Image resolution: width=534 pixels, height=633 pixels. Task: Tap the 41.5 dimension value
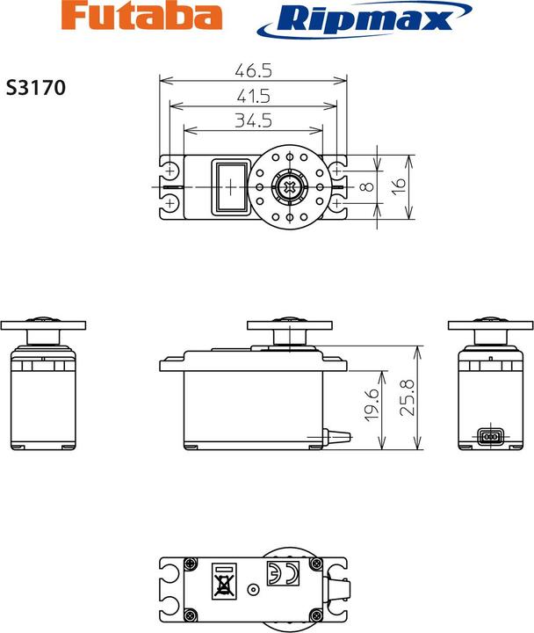click(x=252, y=96)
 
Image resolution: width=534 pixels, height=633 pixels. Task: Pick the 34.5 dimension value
click(x=252, y=119)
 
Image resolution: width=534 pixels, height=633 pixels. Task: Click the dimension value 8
click(x=367, y=186)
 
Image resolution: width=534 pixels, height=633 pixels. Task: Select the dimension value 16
click(x=398, y=186)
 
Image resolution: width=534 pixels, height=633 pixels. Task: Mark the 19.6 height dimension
click(x=372, y=404)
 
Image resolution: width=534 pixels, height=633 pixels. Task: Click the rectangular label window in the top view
click(x=230, y=186)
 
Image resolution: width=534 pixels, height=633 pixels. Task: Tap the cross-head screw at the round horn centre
click(x=289, y=186)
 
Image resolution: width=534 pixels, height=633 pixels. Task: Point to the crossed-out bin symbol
click(x=224, y=584)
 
